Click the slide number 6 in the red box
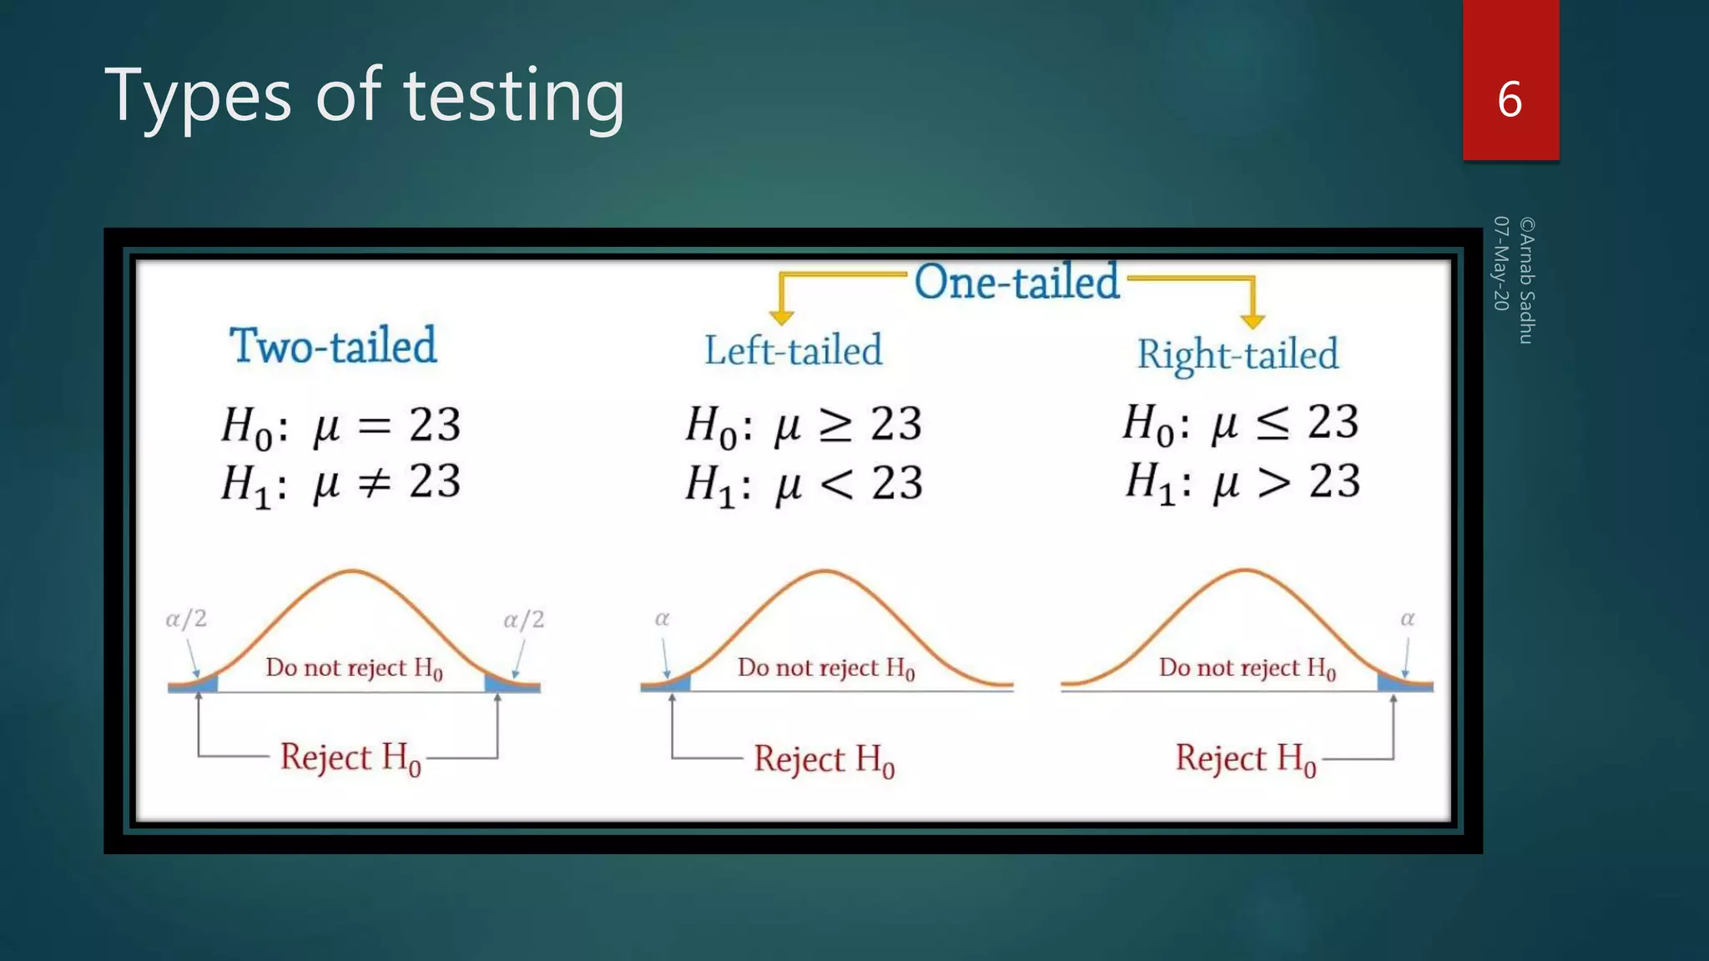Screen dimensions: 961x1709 [1509, 99]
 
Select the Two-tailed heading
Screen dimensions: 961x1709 [333, 345]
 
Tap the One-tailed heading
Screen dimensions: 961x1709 [1016, 282]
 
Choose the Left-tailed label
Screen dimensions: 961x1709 [793, 350]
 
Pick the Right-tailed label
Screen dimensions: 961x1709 [1238, 354]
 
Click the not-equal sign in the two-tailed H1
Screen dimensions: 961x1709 [375, 482]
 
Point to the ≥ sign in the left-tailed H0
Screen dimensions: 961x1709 [835, 425]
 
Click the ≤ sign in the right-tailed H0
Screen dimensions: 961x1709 [1273, 424]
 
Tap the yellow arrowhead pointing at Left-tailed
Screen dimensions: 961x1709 [782, 316]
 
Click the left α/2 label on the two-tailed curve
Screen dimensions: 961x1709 [186, 619]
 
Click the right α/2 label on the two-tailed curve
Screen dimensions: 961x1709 [523, 620]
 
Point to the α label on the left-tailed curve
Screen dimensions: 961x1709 [662, 619]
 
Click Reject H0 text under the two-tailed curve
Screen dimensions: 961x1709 [350, 757]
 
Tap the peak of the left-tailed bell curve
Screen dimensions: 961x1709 [824, 571]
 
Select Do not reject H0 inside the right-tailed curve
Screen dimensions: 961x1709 [1247, 667]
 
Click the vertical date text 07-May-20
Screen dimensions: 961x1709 [1501, 264]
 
